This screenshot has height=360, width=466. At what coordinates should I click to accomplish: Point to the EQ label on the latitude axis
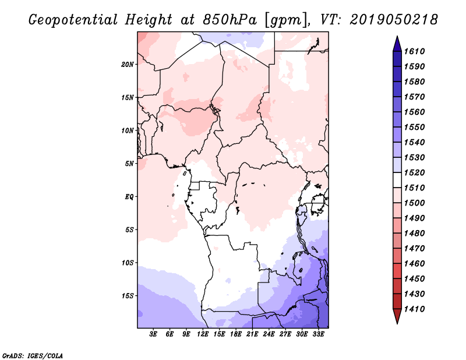tap(130, 196)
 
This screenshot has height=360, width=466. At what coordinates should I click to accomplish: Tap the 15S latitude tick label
tap(129, 295)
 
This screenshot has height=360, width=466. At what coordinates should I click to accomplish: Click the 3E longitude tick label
tap(154, 335)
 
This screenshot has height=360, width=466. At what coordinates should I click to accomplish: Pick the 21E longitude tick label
tap(253, 335)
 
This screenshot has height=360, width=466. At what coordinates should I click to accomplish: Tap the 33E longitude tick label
tap(319, 335)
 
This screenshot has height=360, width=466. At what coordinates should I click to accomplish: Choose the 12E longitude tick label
tap(203, 335)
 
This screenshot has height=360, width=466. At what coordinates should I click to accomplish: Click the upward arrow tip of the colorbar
tap(397, 38)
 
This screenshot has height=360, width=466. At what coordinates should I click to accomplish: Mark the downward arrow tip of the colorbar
tap(397, 322)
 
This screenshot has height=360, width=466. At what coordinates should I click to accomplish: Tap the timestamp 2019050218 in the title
tap(394, 20)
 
